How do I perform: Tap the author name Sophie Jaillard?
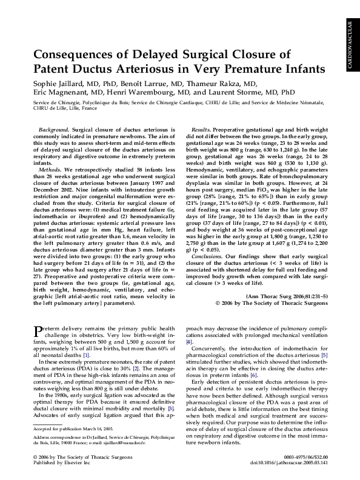click(55, 84)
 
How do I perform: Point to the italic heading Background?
click(53, 130)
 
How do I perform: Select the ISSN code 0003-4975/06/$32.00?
click(309, 456)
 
